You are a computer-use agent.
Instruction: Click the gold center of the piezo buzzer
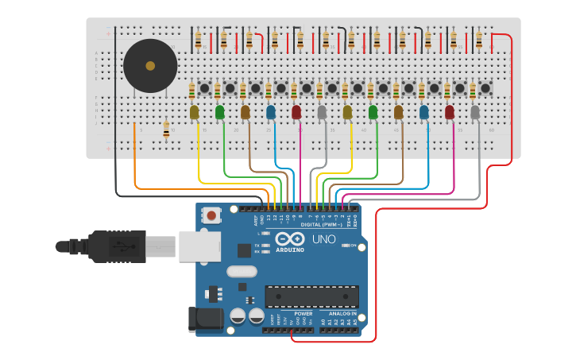150,65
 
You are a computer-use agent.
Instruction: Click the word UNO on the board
323,239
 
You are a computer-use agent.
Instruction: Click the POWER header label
303,313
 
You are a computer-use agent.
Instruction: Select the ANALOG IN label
343,313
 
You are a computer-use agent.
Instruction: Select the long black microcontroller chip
311,296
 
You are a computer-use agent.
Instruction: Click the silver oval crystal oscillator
242,272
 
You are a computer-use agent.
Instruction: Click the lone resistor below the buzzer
166,130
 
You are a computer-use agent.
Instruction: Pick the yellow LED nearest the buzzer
195,113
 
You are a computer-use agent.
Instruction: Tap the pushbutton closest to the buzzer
204,88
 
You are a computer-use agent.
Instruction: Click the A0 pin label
323,321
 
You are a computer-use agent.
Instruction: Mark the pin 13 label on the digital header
269,216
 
